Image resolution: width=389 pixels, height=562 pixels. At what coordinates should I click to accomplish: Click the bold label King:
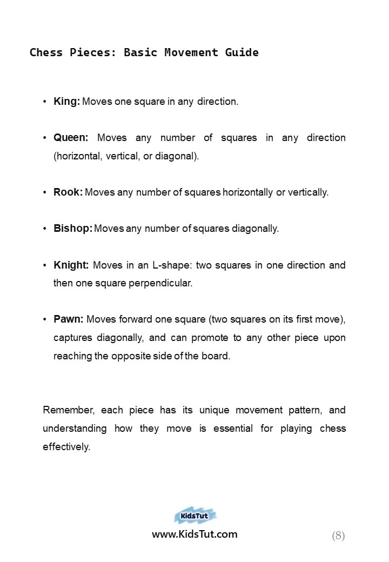click(x=67, y=101)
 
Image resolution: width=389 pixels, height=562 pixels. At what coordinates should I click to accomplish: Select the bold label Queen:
click(x=71, y=138)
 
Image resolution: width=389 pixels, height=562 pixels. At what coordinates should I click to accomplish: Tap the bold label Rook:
click(x=68, y=192)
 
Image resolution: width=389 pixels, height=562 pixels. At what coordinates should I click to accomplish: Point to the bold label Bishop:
click(x=73, y=228)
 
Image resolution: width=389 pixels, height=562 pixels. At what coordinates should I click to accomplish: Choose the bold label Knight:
click(x=71, y=265)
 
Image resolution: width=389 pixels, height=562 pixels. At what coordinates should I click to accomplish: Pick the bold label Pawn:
click(x=68, y=319)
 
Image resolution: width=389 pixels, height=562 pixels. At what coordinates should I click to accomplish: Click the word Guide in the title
click(x=242, y=52)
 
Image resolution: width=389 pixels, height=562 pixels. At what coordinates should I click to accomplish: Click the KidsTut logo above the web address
click(x=195, y=516)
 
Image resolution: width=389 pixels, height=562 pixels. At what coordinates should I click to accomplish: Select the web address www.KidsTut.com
click(x=194, y=534)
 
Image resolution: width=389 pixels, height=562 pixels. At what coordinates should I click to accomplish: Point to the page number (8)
click(x=338, y=536)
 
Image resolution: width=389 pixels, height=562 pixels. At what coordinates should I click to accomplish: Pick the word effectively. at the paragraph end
click(x=66, y=447)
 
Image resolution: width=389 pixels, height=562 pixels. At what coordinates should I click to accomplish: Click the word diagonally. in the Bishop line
click(x=256, y=228)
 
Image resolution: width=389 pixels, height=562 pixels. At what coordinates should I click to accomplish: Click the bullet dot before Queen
click(x=45, y=138)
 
